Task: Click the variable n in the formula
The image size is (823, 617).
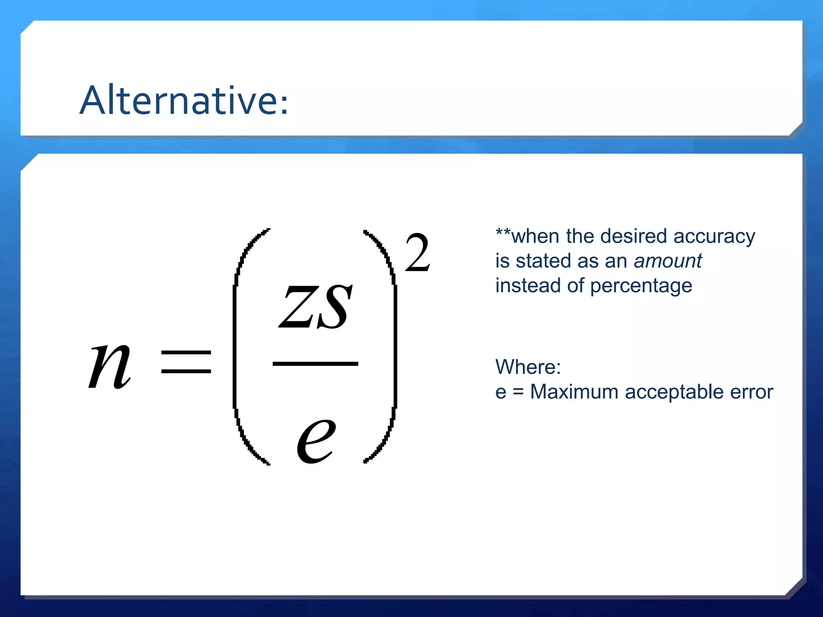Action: pos(110,366)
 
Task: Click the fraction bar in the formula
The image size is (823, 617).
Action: pos(315,364)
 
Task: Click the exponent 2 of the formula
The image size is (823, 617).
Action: pos(418,253)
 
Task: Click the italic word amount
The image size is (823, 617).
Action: pos(668,261)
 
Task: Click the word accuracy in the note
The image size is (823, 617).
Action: pos(714,237)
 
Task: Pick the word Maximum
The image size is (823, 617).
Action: pos(574,392)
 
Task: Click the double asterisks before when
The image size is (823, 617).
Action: pos(503,232)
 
